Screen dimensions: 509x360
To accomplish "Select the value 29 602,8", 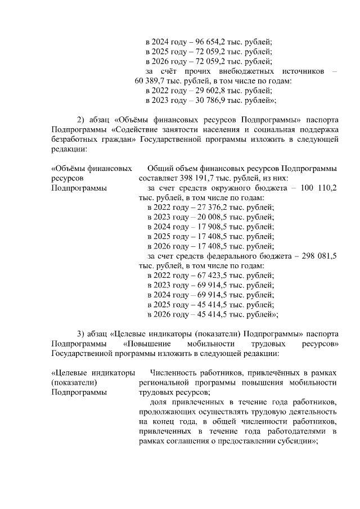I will point(211,91).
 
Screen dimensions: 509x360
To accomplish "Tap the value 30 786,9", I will point(211,100).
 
